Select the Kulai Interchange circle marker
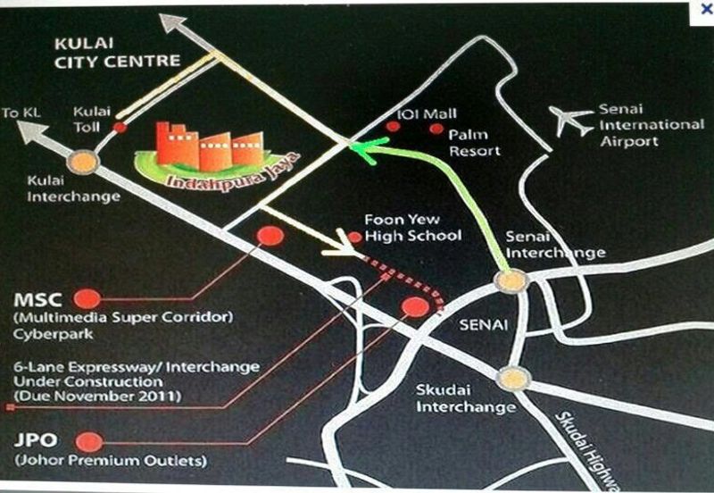pyautogui.click(x=83, y=163)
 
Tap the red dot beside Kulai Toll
pyautogui.click(x=120, y=128)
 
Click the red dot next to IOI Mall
pyautogui.click(x=392, y=129)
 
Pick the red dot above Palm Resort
pyautogui.click(x=436, y=130)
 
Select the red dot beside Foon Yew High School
pyautogui.click(x=354, y=237)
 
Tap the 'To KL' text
pyautogui.click(x=23, y=113)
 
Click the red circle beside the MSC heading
pyautogui.click(x=87, y=298)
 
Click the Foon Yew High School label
pyautogui.click(x=412, y=228)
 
